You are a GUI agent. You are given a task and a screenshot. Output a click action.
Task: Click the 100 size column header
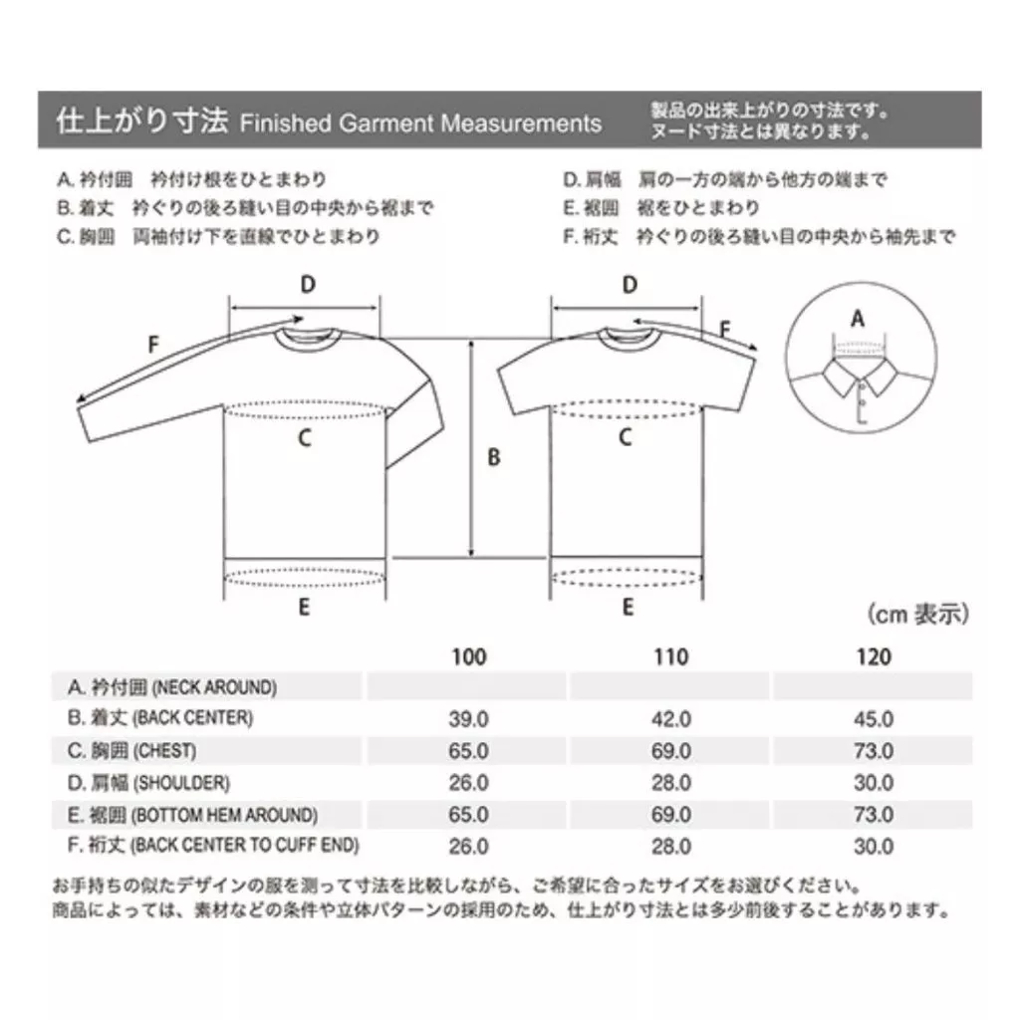[x=469, y=656]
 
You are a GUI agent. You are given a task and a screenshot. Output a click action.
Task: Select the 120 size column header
[x=874, y=656]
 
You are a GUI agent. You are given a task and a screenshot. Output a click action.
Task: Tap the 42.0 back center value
[x=670, y=719]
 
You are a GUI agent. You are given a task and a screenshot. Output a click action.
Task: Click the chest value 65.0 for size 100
[x=468, y=751]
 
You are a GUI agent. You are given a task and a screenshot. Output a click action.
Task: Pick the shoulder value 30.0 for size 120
[x=874, y=783]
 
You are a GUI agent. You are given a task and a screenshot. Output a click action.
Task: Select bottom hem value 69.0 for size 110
[x=670, y=815]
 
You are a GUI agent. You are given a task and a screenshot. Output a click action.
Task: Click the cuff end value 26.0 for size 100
[x=468, y=847]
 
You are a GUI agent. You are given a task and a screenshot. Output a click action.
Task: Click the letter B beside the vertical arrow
[x=494, y=457]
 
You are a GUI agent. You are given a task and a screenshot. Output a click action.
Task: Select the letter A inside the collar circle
[x=858, y=319]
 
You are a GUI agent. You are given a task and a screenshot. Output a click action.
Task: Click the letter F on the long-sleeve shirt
[x=153, y=344]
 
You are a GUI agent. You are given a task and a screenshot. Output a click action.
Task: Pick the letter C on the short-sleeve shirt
[x=626, y=437]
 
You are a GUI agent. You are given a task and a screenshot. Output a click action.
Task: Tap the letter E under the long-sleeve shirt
[x=304, y=607]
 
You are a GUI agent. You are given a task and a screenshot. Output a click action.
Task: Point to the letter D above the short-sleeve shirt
[x=630, y=285]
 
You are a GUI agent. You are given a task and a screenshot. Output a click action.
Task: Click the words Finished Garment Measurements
[x=421, y=123]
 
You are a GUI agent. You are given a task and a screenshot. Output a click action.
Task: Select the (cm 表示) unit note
[x=917, y=614]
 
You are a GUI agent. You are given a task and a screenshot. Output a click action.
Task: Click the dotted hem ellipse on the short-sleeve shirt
[x=627, y=568]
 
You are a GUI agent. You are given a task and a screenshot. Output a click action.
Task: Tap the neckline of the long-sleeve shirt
[x=308, y=343]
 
